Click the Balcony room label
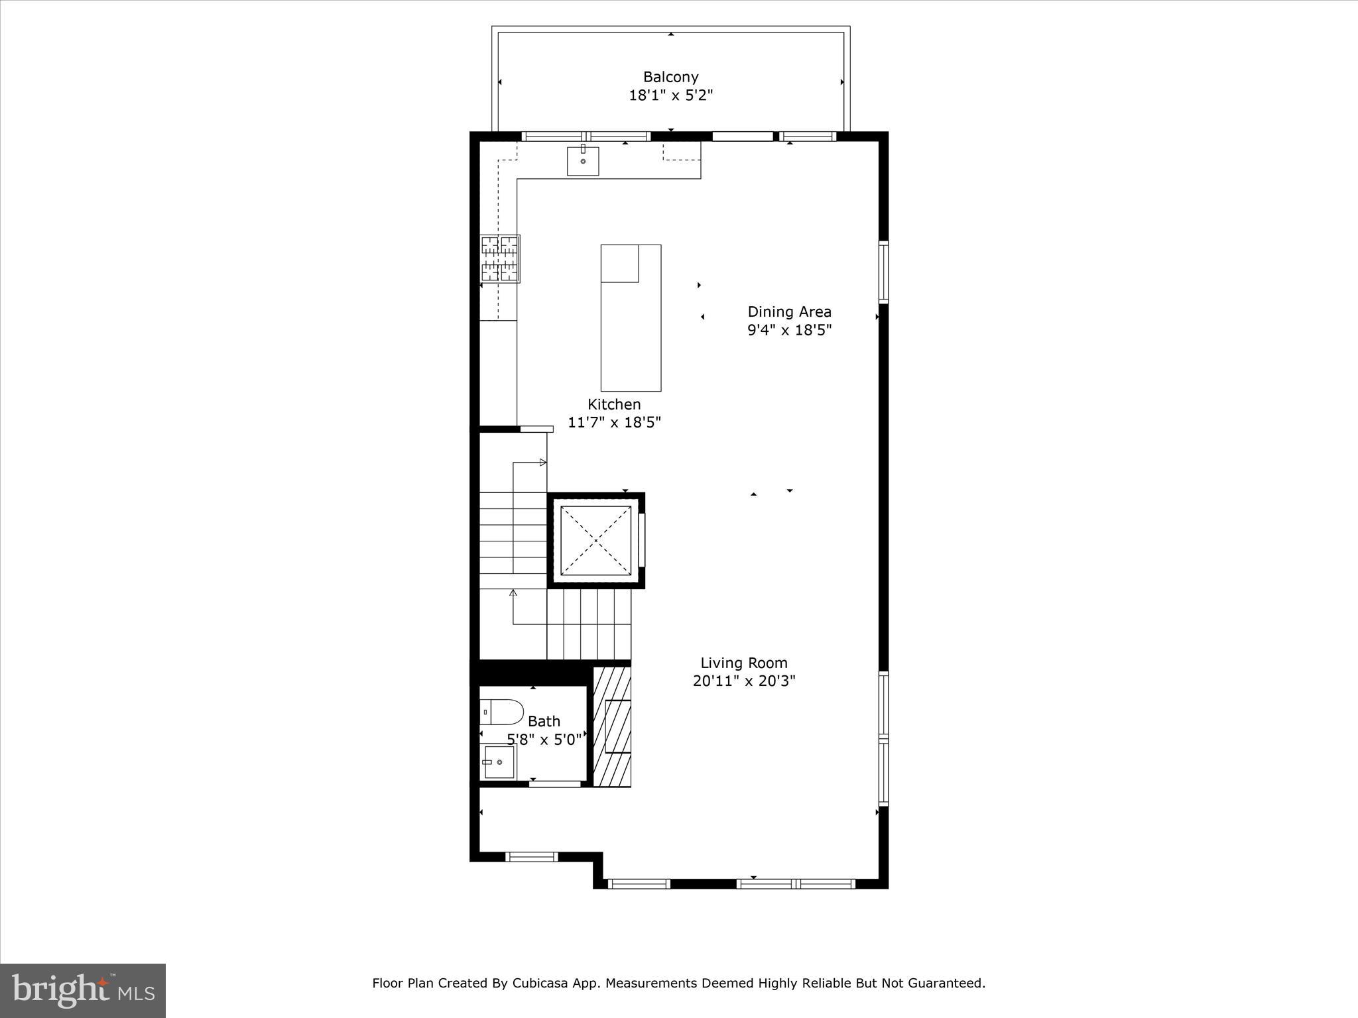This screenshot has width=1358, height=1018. click(x=670, y=77)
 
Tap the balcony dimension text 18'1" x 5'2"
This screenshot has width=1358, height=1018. click(x=670, y=95)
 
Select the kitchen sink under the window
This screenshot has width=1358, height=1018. click(x=583, y=161)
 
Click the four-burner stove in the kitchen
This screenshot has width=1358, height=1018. click(x=500, y=258)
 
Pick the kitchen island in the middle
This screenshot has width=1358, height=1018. click(x=631, y=318)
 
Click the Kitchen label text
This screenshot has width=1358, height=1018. click(x=614, y=404)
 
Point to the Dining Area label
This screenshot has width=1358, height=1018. click(x=789, y=311)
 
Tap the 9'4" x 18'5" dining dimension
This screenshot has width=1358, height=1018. click(x=789, y=330)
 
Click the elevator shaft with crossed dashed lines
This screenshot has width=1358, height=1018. click(x=595, y=541)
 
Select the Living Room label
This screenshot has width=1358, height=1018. click(x=744, y=663)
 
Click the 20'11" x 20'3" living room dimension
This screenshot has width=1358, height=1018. click(x=744, y=681)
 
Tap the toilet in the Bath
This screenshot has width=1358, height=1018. click(x=501, y=712)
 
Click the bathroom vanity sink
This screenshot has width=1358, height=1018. click(x=497, y=762)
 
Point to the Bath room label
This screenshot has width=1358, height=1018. click(x=544, y=721)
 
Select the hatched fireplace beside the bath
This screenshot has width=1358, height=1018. click(x=611, y=726)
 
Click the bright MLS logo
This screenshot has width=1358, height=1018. click(x=82, y=991)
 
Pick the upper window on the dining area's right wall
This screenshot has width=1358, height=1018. click(x=883, y=272)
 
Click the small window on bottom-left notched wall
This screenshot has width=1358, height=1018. click(x=532, y=857)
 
